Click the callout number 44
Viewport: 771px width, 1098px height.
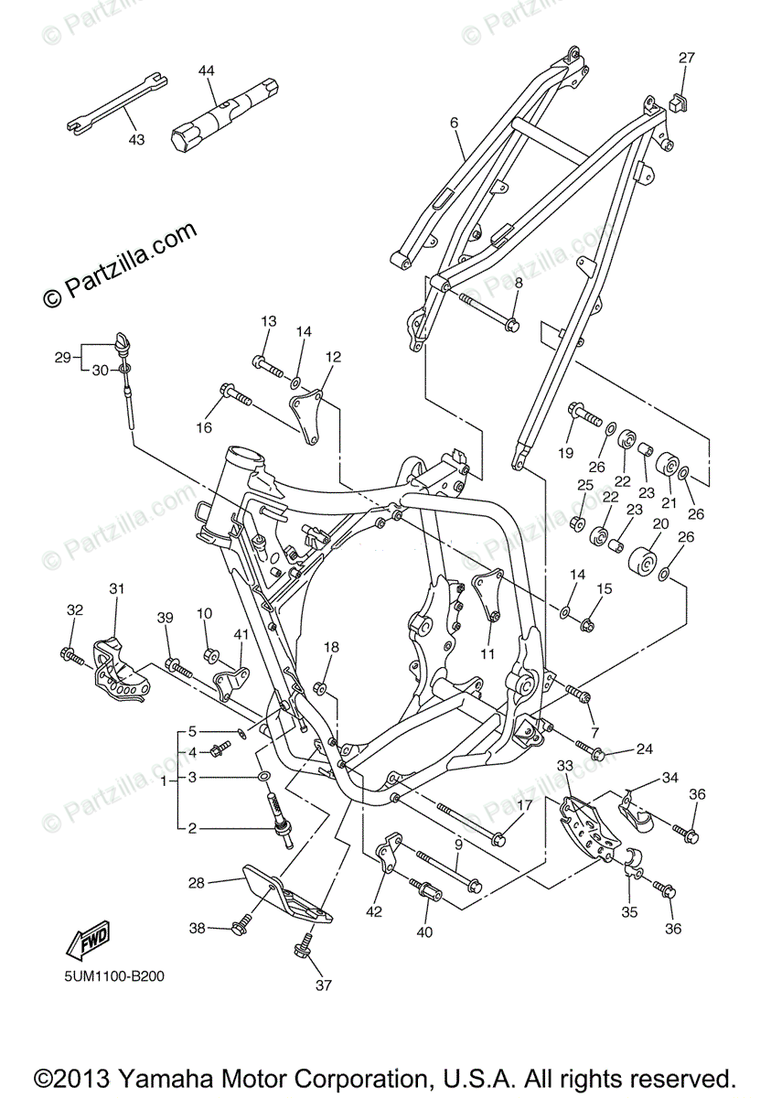(206, 70)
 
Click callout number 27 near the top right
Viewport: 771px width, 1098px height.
(686, 58)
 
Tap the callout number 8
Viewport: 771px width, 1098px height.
(518, 284)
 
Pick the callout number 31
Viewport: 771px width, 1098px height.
(115, 587)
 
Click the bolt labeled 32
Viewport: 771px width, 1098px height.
(70, 653)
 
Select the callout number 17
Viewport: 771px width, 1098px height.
(524, 805)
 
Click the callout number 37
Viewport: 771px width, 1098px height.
(323, 985)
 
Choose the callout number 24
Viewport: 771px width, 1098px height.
(644, 749)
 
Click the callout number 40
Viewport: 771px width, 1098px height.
(424, 932)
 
